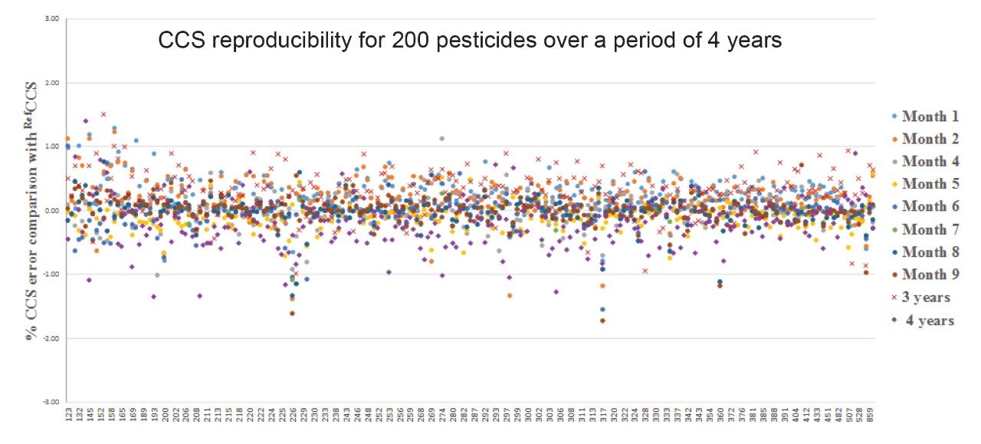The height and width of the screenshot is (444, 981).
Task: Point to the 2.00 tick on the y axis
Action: click(51, 83)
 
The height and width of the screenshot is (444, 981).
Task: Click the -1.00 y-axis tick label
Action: click(50, 275)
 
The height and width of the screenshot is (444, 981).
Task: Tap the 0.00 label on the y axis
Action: click(51, 211)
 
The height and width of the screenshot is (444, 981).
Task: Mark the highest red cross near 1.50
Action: click(103, 114)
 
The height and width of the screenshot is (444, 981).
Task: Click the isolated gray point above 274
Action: click(442, 138)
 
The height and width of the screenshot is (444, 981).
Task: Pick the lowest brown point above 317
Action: click(602, 321)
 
